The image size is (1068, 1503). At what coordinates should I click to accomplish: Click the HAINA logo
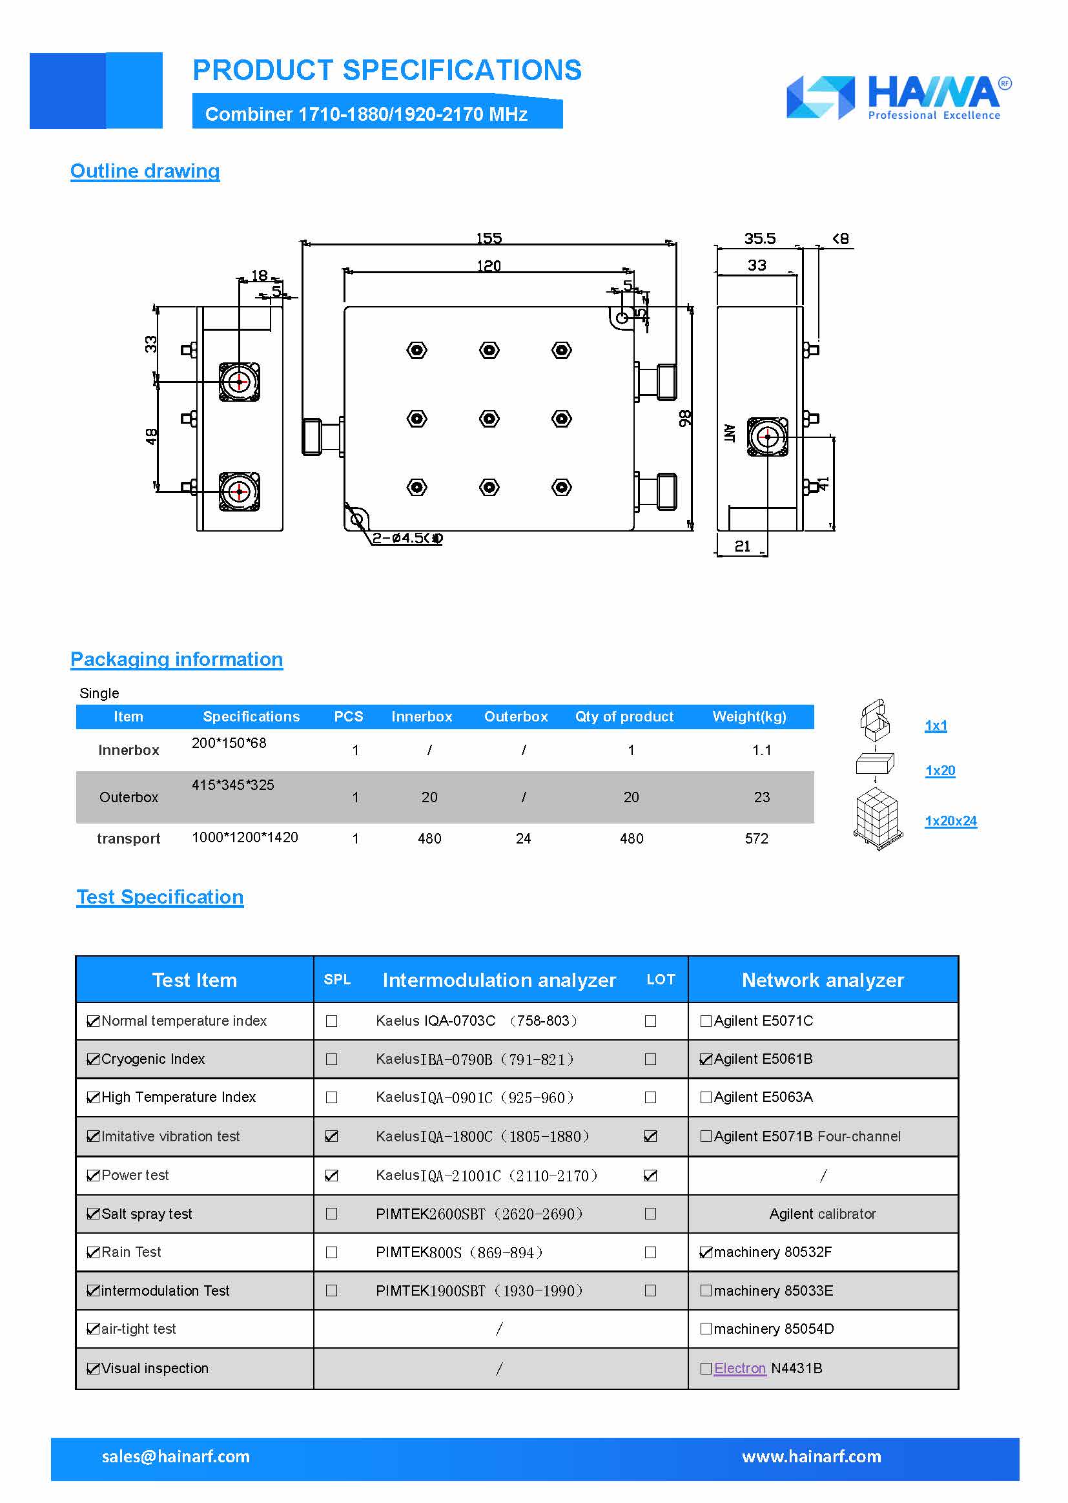click(x=898, y=98)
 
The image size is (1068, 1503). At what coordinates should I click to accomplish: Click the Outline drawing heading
click(x=145, y=171)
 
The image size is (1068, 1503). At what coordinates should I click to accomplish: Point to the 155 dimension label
click(x=489, y=238)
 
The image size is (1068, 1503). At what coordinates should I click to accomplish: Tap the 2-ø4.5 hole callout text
click(x=406, y=538)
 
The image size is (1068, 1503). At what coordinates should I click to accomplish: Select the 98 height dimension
click(x=684, y=419)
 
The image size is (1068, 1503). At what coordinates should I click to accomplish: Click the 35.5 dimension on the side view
click(x=759, y=238)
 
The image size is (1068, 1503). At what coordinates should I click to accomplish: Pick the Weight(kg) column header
click(x=749, y=716)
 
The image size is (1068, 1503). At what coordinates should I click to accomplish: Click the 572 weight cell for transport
click(x=756, y=838)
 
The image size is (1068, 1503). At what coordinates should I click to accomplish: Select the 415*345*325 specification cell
click(x=233, y=785)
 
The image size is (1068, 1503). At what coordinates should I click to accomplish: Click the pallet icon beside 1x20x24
click(x=878, y=820)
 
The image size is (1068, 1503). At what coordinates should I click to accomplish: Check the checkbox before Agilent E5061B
click(x=706, y=1059)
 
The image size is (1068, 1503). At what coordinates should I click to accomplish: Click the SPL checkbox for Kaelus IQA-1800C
click(x=331, y=1136)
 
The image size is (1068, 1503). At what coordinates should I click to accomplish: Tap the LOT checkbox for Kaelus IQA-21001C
click(x=650, y=1176)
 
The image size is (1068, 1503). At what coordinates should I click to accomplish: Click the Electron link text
click(x=740, y=1368)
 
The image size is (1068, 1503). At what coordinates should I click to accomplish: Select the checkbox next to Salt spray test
click(x=94, y=1214)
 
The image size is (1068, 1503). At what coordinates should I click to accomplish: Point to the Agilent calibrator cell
click(x=822, y=1214)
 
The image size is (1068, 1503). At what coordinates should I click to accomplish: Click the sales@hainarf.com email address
click(x=176, y=1456)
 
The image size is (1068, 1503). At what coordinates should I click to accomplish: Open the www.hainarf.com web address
click(x=812, y=1456)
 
